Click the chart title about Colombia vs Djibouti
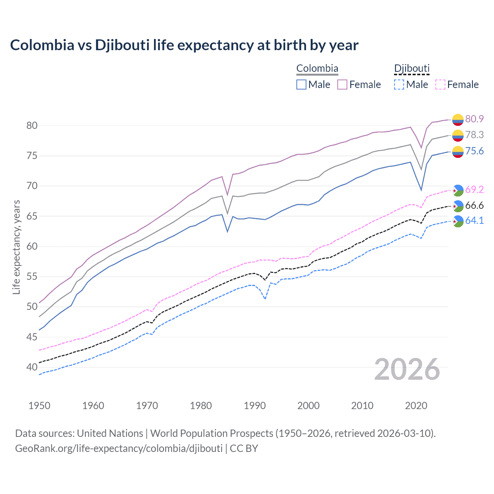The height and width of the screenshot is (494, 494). pyautogui.click(x=184, y=45)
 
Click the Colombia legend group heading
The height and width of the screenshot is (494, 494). pyautogui.click(x=317, y=69)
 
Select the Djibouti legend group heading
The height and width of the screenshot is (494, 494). pyautogui.click(x=411, y=69)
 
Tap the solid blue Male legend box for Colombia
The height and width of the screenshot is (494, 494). pyautogui.click(x=301, y=85)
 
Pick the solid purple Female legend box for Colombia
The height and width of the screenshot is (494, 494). pyautogui.click(x=342, y=85)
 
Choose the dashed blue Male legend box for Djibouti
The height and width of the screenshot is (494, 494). pyautogui.click(x=399, y=85)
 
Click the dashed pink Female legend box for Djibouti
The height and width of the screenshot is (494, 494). pyautogui.click(x=440, y=85)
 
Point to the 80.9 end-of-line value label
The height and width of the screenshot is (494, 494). pyautogui.click(x=474, y=119)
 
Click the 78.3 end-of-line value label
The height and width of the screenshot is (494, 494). pyautogui.click(x=474, y=135)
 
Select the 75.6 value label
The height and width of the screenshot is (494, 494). pyautogui.click(x=474, y=151)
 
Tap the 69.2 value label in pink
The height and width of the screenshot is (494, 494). pyautogui.click(x=474, y=189)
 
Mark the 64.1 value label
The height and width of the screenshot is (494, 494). pyautogui.click(x=474, y=220)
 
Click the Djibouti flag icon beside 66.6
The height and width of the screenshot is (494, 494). pyautogui.click(x=458, y=206)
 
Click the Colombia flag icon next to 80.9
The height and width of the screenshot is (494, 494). pyautogui.click(x=458, y=120)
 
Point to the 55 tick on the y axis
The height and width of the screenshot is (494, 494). pyautogui.click(x=32, y=277)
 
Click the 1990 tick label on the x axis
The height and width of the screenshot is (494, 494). pyautogui.click(x=255, y=406)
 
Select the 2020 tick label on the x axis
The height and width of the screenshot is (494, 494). pyautogui.click(x=416, y=406)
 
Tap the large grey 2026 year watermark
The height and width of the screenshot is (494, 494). pyautogui.click(x=407, y=370)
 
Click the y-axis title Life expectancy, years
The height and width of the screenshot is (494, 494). pyautogui.click(x=16, y=247)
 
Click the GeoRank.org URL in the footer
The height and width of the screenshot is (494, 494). pyautogui.click(x=119, y=448)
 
